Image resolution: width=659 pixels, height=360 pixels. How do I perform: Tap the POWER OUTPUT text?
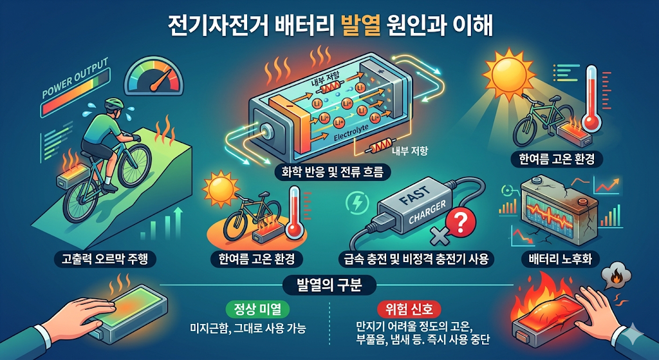click(75, 79)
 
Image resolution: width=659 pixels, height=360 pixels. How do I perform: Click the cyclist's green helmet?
click(114, 104)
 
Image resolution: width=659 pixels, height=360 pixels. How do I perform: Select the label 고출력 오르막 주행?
click(105, 259)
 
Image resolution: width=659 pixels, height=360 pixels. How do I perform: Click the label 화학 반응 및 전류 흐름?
click(332, 172)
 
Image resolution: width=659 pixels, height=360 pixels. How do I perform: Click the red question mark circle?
click(460, 223)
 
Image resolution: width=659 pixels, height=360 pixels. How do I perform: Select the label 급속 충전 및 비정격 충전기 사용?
click(416, 259)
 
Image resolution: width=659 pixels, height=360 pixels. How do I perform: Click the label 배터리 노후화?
click(560, 259)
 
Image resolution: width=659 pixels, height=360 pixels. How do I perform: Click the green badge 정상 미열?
click(258, 310)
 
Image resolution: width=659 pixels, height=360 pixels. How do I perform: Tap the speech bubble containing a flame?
click(617, 277)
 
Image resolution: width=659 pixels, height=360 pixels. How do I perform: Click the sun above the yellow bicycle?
click(221, 191)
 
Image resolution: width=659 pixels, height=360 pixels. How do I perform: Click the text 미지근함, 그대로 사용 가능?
click(248, 328)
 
